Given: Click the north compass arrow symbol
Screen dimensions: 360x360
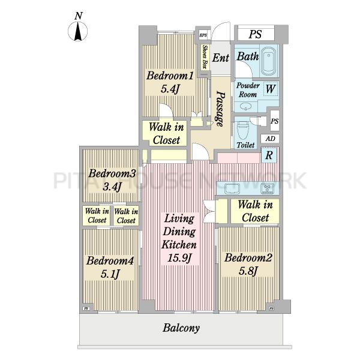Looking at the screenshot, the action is point(78,31).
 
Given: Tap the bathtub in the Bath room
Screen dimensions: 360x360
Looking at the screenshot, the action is point(269,61).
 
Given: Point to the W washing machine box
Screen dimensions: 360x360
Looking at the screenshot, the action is point(271,89).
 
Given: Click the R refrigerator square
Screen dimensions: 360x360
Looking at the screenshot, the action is point(269,155).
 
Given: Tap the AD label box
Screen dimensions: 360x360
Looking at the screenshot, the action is point(270,139).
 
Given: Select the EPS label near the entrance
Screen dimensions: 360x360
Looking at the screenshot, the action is point(203,35).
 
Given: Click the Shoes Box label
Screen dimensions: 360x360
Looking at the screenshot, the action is point(205,57).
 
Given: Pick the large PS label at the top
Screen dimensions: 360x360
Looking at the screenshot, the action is point(256,34).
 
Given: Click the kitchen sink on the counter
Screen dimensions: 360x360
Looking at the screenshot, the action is point(232,188).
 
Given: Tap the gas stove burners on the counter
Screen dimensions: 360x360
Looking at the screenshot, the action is point(267,188).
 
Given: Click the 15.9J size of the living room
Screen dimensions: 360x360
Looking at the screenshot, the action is point(179,258).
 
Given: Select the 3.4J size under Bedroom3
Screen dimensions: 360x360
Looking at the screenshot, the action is point(112,187).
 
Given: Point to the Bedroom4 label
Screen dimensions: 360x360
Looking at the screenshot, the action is point(110,261).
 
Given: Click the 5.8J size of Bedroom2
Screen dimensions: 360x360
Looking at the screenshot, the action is point(248,271).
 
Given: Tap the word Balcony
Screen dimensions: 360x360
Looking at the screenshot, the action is point(181,328).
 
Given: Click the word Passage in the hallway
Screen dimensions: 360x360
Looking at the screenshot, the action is point(220,109).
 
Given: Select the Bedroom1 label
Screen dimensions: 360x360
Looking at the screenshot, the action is point(170,76).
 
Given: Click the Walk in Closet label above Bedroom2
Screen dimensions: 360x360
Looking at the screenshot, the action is point(256,211).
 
